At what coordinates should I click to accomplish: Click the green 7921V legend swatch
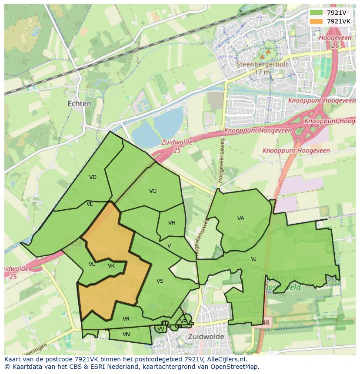point(316,13)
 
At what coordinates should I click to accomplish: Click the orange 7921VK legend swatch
point(316,21)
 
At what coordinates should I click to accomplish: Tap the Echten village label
point(80,104)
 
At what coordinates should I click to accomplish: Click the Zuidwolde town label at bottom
point(206,337)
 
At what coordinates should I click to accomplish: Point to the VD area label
point(93,177)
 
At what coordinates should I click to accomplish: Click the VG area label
point(153,191)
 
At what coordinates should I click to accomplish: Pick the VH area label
point(172,223)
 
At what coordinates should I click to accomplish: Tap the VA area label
point(240,218)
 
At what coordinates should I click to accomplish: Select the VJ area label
point(253,259)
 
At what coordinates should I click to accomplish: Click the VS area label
point(160,281)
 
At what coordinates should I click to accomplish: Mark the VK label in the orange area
point(111,266)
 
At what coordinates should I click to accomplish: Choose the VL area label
point(92,264)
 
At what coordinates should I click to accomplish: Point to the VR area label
point(126,319)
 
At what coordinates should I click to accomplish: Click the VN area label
point(126,334)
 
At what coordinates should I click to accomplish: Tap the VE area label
point(90,204)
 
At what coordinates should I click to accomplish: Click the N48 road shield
point(265,323)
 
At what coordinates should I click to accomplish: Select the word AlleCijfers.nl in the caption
point(226,360)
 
